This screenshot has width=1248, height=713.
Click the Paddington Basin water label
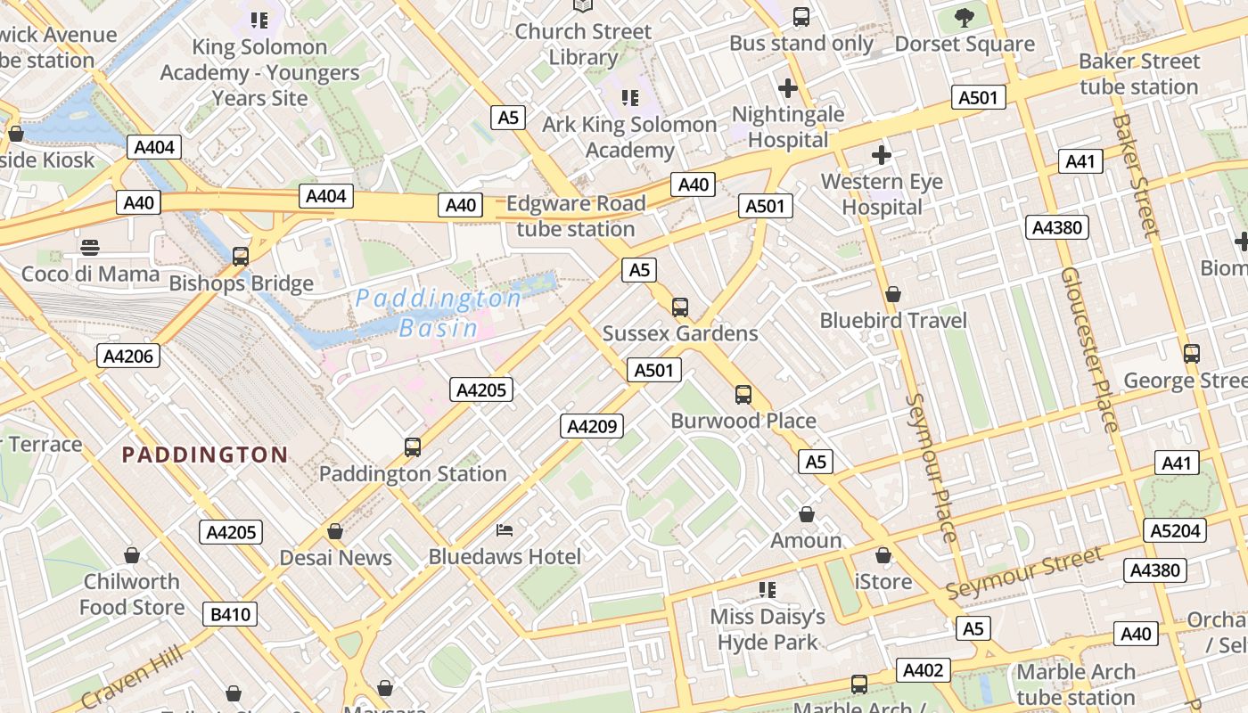pos(438,313)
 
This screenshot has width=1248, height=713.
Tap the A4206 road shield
pos(129,356)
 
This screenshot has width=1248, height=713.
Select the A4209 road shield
pos(592,426)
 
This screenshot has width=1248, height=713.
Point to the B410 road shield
pos(230,614)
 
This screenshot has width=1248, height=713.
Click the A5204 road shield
pos(1177,531)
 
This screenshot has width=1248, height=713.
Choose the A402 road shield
pos(923,670)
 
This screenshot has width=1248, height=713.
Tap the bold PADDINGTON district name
pos(205,455)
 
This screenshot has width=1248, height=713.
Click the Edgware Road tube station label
pos(576,216)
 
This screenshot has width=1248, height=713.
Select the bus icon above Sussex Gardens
pos(680,307)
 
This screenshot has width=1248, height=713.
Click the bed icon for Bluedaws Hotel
pos(505,530)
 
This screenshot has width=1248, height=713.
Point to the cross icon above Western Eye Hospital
pos(882,155)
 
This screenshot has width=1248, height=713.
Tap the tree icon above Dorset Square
pos(964,16)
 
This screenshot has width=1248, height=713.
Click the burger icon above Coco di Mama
pos(90,247)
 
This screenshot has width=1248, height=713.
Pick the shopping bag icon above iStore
pos(883,555)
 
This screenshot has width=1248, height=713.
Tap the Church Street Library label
pos(583,44)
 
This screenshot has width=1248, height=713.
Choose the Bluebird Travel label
pos(893,320)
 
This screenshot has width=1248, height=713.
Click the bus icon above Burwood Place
pos(743,394)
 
